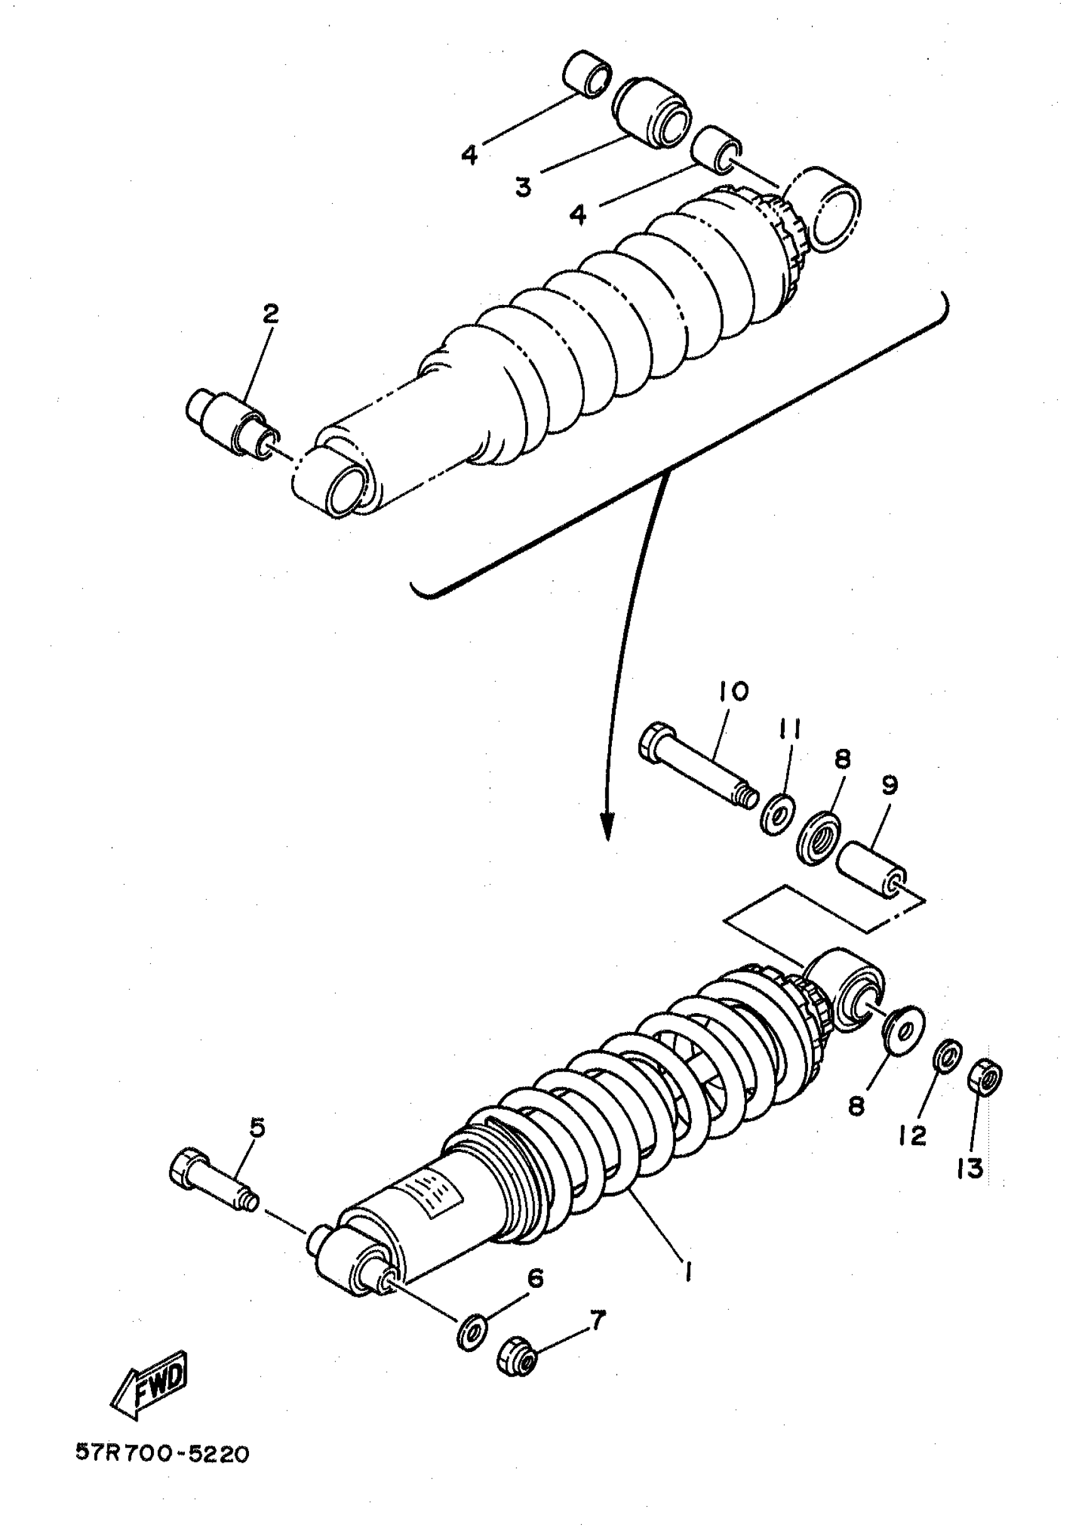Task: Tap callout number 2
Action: click(x=270, y=314)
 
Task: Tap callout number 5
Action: click(x=257, y=1128)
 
